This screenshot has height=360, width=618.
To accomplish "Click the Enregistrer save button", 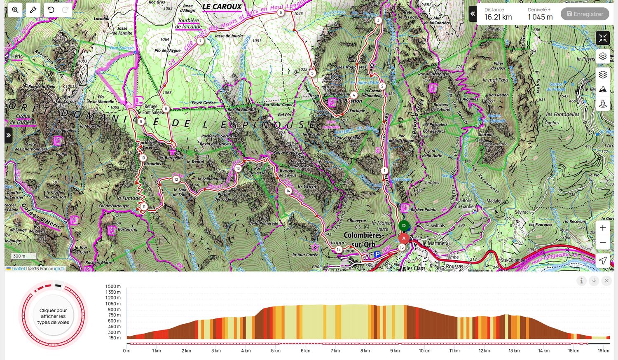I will click(x=585, y=14).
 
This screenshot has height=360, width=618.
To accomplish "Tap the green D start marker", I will click(x=404, y=226).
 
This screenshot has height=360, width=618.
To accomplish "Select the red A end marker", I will click(x=404, y=238).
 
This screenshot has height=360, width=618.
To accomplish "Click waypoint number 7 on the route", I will click(x=200, y=41).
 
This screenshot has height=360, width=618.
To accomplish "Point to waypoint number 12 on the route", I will click(x=176, y=179).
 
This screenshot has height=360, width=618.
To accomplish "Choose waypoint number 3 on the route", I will click(x=378, y=20).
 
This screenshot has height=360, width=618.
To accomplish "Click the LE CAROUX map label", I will click(x=222, y=7).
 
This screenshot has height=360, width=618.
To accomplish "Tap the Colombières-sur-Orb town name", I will click(x=363, y=239).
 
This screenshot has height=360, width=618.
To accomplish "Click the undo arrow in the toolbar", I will click(x=51, y=10).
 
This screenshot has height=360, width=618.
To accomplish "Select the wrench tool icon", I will click(x=33, y=10).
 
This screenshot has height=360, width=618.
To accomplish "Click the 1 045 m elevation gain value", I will click(x=540, y=17).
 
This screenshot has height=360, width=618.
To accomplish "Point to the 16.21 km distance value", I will click(x=498, y=17).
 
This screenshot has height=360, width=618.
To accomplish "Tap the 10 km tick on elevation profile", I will click(x=424, y=351).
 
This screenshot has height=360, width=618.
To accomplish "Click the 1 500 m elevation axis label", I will click(x=113, y=286).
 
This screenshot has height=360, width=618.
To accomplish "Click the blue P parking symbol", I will click(x=377, y=255).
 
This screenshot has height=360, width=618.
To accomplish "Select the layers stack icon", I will click(x=603, y=75).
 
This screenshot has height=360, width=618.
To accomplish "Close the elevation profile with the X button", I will click(x=606, y=281).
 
